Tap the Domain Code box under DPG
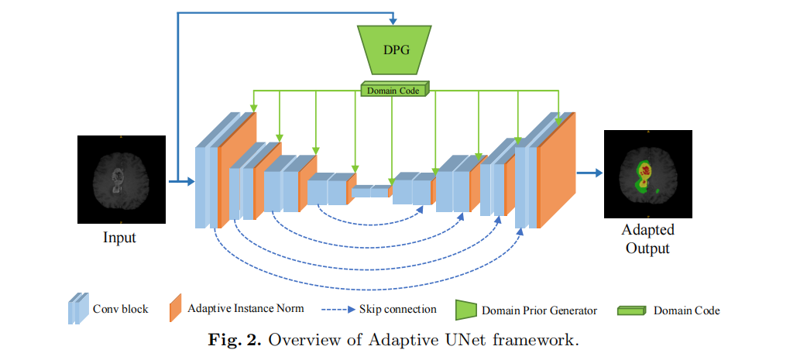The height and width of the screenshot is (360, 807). tap(394, 91)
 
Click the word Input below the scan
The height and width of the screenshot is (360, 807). tap(119, 238)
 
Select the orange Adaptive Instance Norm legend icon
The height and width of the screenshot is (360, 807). tap(174, 309)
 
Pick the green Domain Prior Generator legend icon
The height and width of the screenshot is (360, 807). tap(465, 310)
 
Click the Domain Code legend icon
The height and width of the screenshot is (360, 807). tap(631, 310)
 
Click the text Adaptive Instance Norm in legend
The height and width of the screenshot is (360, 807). tap(246, 309)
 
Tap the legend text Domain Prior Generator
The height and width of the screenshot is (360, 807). tap(539, 310)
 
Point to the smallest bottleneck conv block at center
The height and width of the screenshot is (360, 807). tap(371, 190)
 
